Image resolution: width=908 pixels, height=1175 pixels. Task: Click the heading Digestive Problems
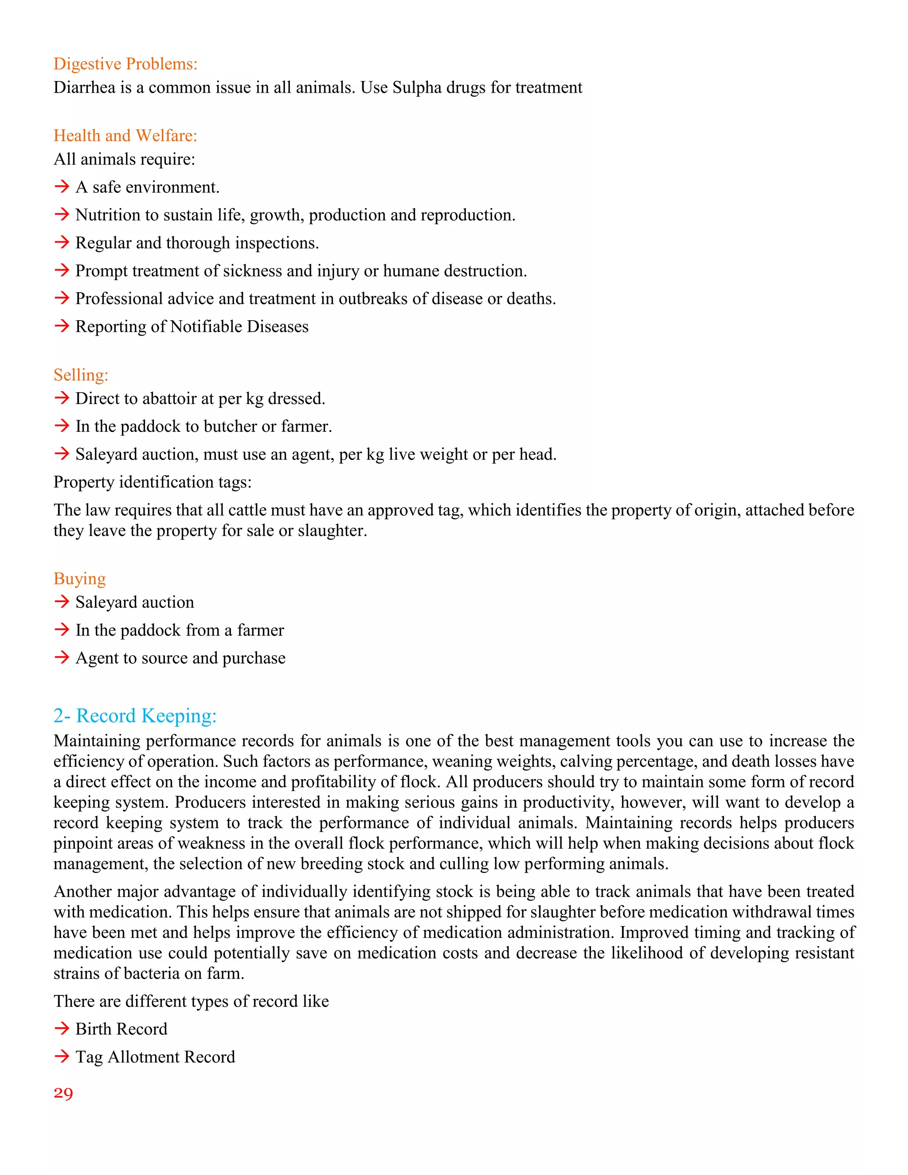pos(125,64)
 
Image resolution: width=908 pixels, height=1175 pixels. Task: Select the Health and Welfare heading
pos(125,136)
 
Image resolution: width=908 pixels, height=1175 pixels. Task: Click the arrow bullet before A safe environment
pos(62,187)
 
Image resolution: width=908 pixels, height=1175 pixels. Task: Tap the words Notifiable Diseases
pos(239,327)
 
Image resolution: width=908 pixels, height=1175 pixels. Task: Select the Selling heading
pos(81,375)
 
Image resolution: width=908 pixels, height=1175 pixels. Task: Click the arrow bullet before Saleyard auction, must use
pos(62,454)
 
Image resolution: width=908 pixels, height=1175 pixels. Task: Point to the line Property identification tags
pos(152,482)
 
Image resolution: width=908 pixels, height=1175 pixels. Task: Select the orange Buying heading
pos(80,579)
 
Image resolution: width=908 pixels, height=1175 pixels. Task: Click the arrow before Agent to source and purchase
pos(62,658)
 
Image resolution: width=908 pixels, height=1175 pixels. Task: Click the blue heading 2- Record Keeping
pos(135,716)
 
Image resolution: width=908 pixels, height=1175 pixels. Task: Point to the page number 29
pos(63,1094)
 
